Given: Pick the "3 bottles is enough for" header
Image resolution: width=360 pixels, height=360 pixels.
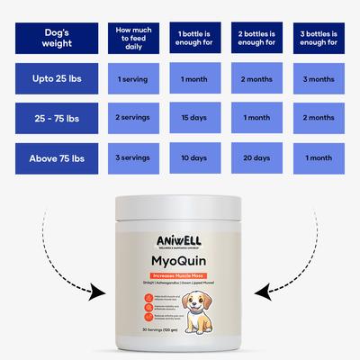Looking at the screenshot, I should pos(318,40).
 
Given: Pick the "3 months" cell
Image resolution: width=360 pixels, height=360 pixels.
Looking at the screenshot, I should pos(318,79).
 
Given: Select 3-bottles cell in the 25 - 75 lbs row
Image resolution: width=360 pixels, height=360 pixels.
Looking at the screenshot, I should pos(318,119).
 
